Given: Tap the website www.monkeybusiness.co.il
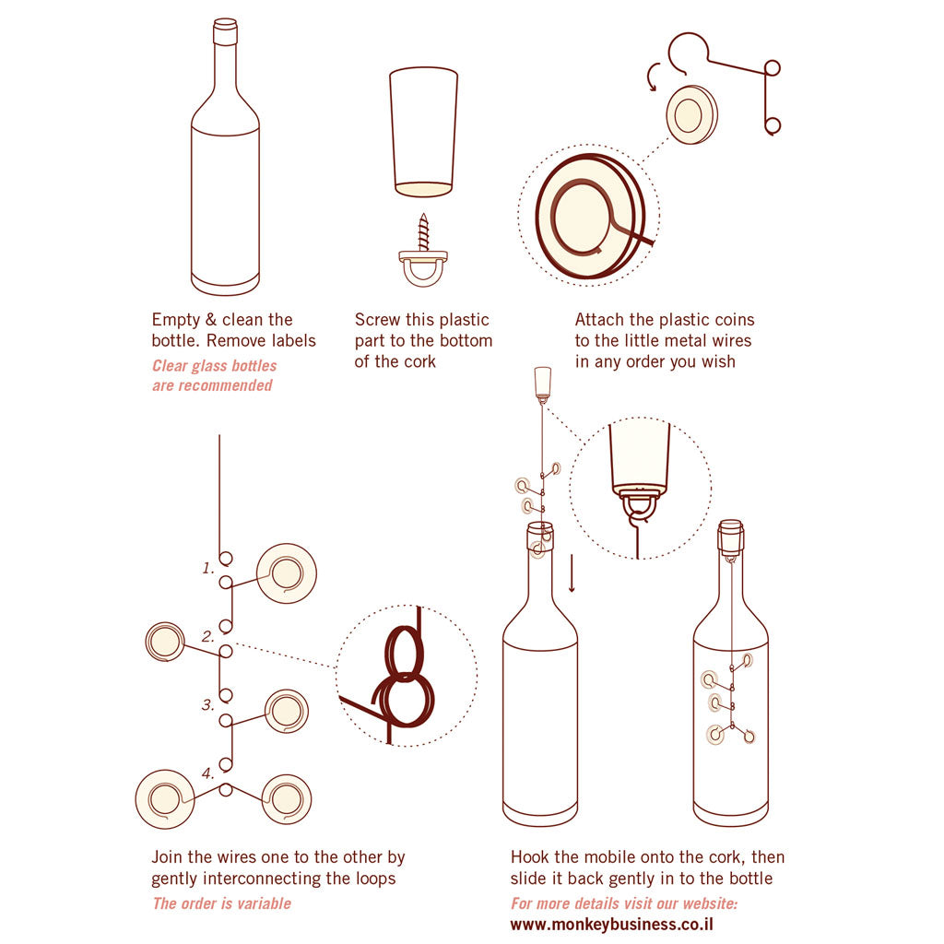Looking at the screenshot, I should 612,925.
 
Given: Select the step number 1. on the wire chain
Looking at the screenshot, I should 208,568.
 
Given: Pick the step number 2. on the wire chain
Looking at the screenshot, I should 208,636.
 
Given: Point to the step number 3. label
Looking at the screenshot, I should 208,704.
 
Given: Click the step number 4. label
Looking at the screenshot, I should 208,773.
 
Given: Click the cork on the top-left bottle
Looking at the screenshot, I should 225,32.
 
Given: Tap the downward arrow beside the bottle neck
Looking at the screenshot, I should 572,573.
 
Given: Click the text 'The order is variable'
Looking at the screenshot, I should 221,903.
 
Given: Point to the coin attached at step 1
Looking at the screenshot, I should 286,573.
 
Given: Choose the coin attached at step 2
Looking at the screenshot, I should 165,642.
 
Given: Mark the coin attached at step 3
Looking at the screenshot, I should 286,711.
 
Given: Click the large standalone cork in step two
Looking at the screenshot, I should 423,129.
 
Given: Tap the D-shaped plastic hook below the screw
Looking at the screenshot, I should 424,268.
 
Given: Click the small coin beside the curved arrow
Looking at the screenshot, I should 691,115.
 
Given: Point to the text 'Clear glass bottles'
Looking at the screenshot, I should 214,366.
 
